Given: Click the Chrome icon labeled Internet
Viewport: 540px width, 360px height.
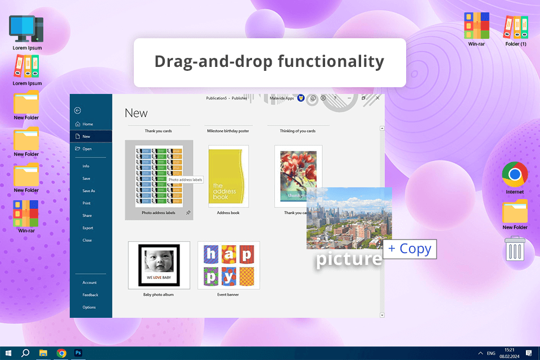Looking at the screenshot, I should coord(515,174).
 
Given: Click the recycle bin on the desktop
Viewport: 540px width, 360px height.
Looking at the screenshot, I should coord(515,248).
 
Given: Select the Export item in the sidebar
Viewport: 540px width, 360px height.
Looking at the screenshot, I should coord(88,228).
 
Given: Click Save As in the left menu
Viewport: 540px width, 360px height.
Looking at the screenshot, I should coord(89,191).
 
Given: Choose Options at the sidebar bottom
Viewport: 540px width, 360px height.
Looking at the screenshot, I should coord(89,307).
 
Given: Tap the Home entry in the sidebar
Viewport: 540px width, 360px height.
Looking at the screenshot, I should coord(88,124).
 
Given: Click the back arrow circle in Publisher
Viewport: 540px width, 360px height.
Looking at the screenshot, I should coord(78,111).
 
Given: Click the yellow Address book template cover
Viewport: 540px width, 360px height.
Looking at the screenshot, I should coord(228,177).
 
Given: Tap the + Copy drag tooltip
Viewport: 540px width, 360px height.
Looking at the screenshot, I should coord(409,249).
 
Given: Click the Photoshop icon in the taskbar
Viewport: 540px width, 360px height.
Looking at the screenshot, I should coord(79,353).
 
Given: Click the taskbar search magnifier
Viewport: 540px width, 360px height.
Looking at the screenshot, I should coord(25,353).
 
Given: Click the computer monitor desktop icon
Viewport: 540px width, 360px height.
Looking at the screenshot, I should coord(27,29).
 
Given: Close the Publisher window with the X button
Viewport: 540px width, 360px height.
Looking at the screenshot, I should coord(377,98).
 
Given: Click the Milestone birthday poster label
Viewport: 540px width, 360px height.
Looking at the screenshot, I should coord(228,131).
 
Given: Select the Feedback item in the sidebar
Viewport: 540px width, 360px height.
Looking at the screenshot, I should coord(90,295).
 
